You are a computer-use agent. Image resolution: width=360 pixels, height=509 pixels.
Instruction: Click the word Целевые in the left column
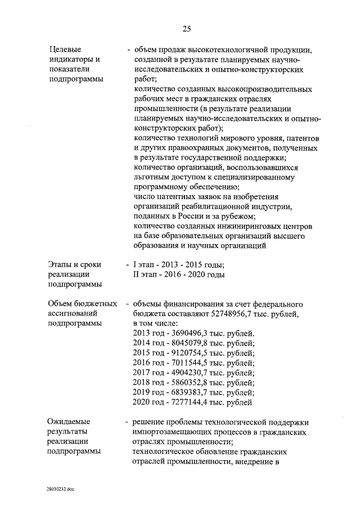coord(65,49)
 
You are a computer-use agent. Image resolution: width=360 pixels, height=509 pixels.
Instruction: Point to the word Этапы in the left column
coord(60,265)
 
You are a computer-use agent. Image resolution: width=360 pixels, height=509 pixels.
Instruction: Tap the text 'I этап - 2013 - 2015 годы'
coord(178,265)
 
